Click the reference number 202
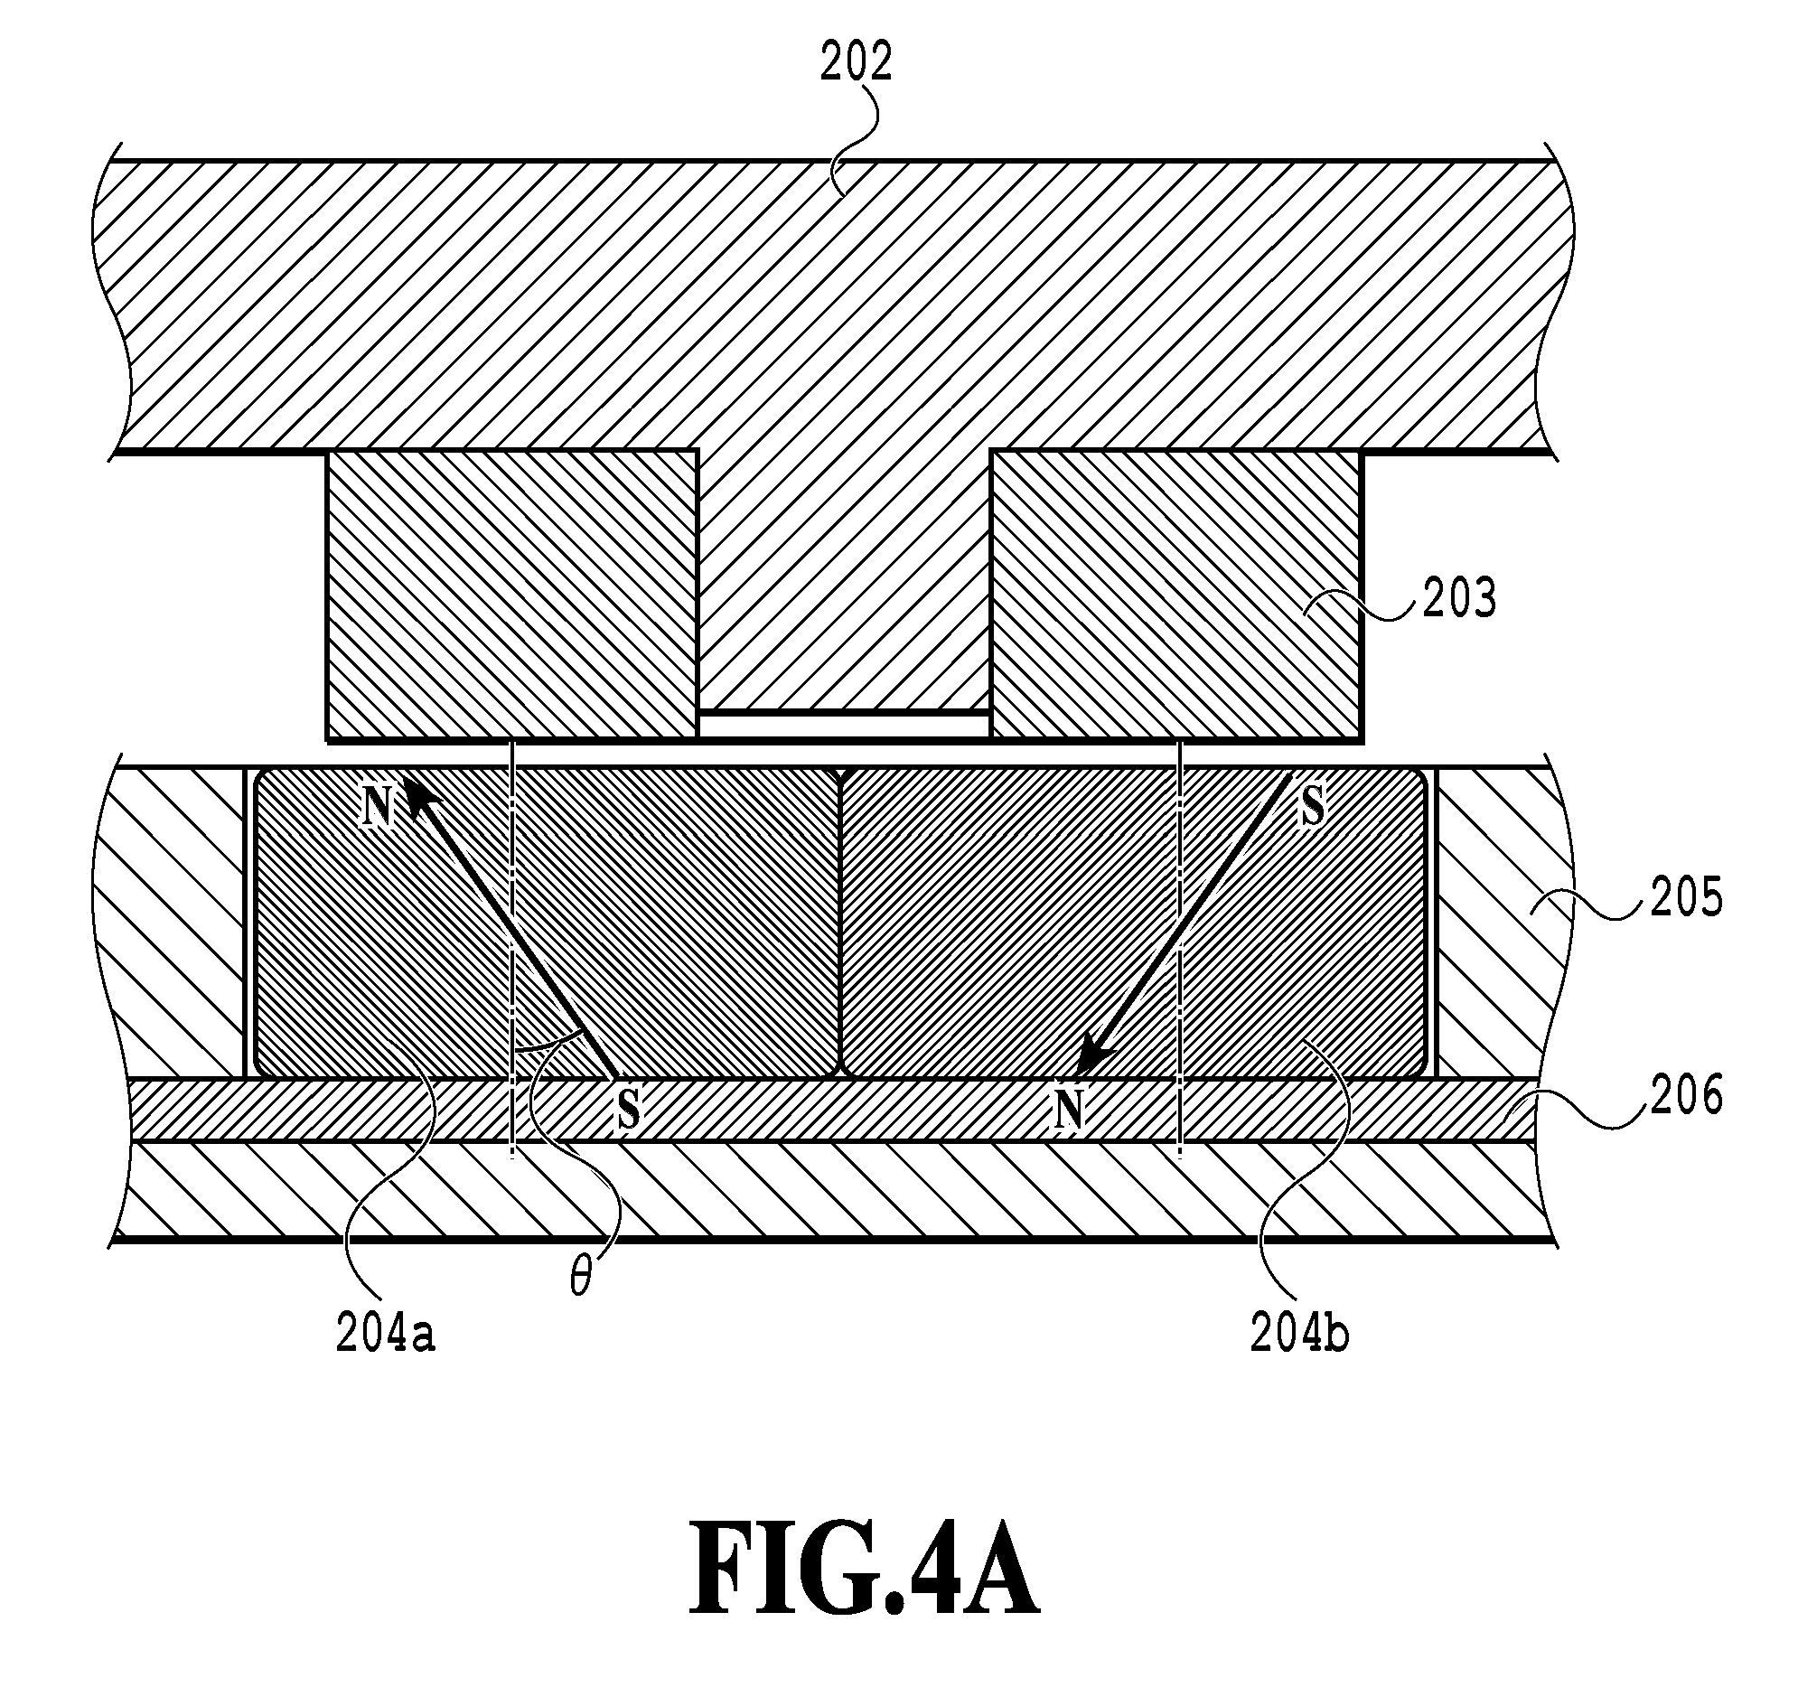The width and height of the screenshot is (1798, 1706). (x=856, y=62)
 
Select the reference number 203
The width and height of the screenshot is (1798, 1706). (x=1459, y=600)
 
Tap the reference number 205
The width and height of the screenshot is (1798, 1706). (x=1686, y=898)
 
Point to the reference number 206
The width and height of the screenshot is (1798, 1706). (x=1686, y=1095)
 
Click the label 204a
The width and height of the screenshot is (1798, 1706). (x=386, y=1334)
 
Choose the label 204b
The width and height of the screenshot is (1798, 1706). (x=1299, y=1334)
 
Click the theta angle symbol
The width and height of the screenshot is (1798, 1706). (x=580, y=1279)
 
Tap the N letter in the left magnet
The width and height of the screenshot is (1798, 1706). (x=378, y=806)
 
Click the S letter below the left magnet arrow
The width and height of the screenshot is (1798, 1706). (x=628, y=1109)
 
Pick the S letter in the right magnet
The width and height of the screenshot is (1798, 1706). (x=1310, y=806)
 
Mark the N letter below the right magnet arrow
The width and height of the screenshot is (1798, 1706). (x=1070, y=1109)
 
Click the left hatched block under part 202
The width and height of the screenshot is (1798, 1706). (x=512, y=595)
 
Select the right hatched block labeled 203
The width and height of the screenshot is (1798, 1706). (x=1176, y=595)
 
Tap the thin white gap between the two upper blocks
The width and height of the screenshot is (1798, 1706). (x=844, y=725)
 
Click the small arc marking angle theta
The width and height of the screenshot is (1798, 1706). (x=547, y=1040)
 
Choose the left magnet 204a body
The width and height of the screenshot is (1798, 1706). (x=547, y=922)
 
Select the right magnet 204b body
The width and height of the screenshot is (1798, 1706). (x=1133, y=922)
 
